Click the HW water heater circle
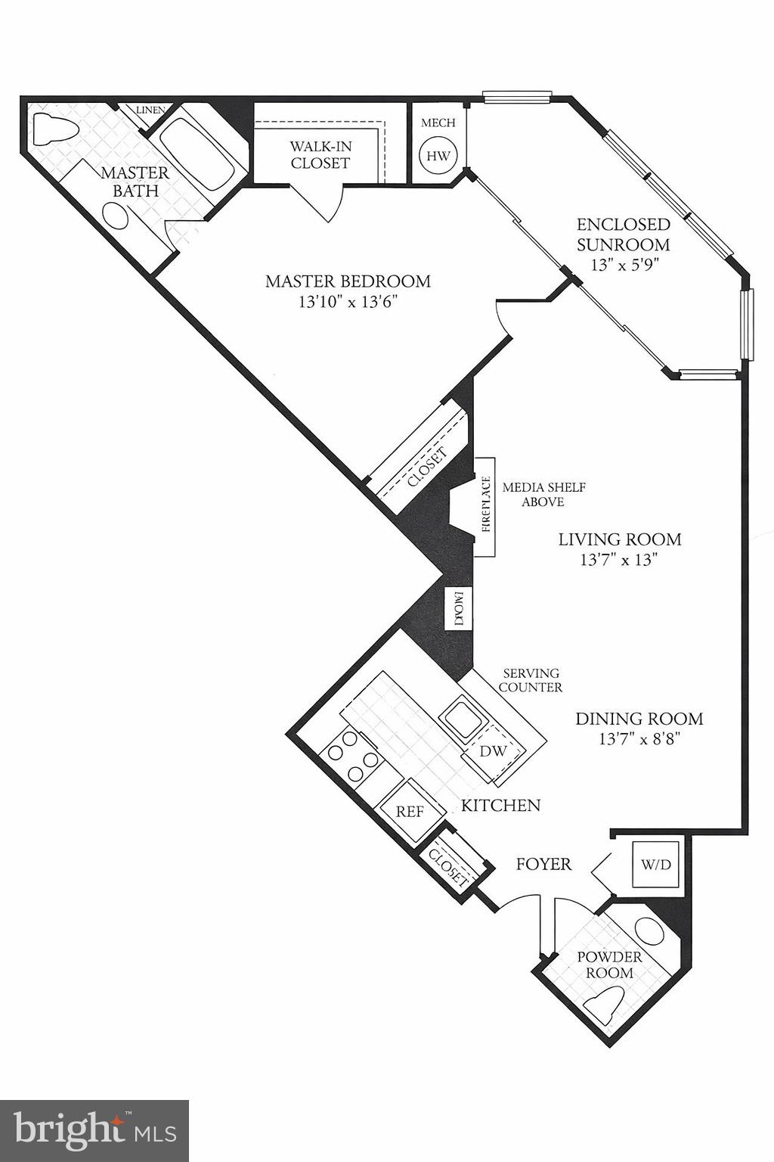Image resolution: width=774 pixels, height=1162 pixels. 438,156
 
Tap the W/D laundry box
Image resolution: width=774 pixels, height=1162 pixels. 655,863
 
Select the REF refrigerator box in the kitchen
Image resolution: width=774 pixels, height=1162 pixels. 410,811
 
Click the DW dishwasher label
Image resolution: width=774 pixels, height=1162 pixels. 493,751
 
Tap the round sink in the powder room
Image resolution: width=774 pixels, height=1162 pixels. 648,929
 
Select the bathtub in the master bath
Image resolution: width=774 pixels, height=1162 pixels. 198,149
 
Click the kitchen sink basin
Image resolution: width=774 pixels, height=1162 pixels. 463,715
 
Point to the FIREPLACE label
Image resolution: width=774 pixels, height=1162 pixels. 485,505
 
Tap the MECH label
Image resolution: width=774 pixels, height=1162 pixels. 438,123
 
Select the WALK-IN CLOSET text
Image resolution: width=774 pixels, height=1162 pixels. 320,155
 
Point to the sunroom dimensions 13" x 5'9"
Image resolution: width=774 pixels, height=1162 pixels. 623,266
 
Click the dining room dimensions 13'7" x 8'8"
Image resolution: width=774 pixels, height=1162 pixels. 639,739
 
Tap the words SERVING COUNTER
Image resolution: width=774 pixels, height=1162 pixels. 532,680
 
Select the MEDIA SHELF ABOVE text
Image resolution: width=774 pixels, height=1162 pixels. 543,495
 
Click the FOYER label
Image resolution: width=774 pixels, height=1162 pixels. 543,863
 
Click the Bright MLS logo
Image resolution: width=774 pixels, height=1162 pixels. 94,1130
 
